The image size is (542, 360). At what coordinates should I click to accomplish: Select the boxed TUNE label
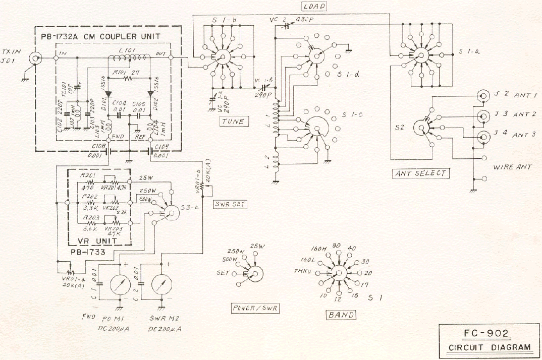point(232,121)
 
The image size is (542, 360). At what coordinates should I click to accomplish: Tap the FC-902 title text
point(485,334)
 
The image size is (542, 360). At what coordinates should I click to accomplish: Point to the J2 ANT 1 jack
point(483,95)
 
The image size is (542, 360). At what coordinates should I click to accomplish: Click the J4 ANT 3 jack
point(483,135)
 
